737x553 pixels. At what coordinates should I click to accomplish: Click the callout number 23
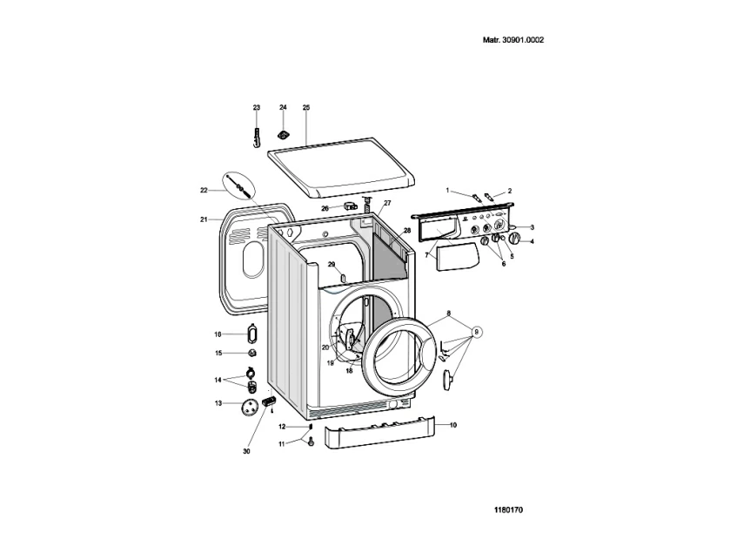(256, 108)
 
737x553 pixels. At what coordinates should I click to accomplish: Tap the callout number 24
(283, 107)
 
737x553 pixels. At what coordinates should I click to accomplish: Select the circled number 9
(476, 332)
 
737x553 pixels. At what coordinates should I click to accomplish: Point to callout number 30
(246, 451)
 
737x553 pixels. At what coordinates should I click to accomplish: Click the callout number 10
(453, 425)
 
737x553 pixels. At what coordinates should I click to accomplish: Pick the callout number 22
(204, 191)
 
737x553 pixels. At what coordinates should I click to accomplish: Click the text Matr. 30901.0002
(513, 40)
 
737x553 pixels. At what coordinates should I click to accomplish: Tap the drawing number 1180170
(508, 510)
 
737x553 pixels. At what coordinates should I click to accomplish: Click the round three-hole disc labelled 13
(249, 407)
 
